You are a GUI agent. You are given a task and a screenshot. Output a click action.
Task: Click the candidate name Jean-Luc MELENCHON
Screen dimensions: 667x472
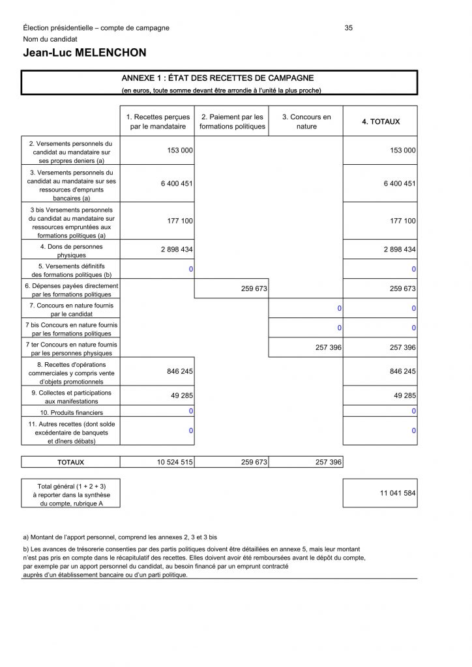pyautogui.click(x=85, y=53)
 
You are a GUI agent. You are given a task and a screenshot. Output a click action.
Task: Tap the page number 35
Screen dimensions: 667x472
pyautogui.click(x=349, y=28)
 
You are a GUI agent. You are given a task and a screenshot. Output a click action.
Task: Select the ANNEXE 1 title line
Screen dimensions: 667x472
pyautogui.click(x=218, y=78)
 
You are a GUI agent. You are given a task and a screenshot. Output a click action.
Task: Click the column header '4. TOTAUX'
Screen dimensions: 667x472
pyautogui.click(x=381, y=122)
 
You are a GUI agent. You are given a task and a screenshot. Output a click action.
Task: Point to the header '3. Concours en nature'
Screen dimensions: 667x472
pyautogui.click(x=306, y=122)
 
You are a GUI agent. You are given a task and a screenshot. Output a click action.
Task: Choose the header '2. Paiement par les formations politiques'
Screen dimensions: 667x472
pyautogui.click(x=232, y=122)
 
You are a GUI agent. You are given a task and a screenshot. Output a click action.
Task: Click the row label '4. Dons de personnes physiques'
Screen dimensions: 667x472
pyautogui.click(x=71, y=251)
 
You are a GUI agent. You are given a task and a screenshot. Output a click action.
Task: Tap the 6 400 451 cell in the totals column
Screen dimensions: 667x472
pyautogui.click(x=400, y=184)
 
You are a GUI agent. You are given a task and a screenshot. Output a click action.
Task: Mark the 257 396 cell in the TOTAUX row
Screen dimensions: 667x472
pyautogui.click(x=328, y=462)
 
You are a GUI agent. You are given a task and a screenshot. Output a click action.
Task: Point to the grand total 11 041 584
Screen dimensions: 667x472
pyautogui.click(x=398, y=494)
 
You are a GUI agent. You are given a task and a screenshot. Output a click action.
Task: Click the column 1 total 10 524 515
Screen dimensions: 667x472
pyautogui.click(x=175, y=462)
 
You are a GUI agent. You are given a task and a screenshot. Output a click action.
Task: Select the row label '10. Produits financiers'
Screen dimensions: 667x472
pyautogui.click(x=71, y=412)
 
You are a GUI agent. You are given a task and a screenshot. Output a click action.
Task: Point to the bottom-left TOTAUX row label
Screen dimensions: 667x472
pyautogui.click(x=70, y=462)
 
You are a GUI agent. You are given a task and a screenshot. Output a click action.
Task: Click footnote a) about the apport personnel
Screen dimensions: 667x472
pyautogui.click(x=120, y=537)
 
